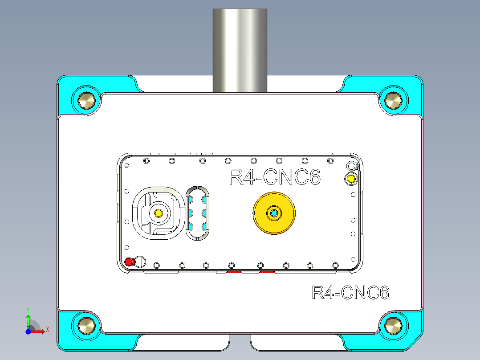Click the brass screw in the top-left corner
[86, 100]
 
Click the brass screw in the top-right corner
[393, 100]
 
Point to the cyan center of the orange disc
[274, 214]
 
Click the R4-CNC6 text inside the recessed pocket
[274, 177]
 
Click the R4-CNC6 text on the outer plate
[350, 293]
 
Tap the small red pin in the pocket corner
[129, 262]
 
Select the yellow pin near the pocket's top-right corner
[351, 179]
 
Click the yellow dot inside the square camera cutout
[158, 213]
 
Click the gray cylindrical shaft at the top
[240, 49]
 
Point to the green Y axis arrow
[28, 319]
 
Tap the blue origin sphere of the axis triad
[28, 331]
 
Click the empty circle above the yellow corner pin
[351, 166]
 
